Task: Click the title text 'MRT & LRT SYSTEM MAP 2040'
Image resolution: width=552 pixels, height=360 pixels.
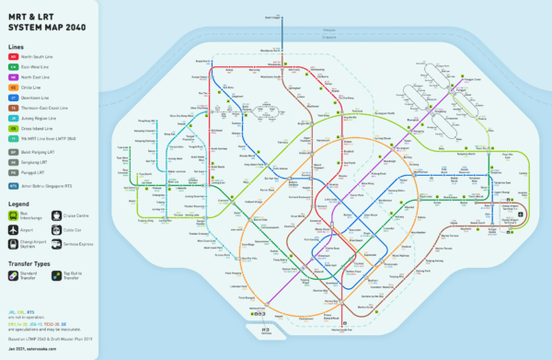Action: pyautogui.click(x=46, y=19)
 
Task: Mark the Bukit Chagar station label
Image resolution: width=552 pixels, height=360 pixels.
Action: pyautogui.click(x=273, y=17)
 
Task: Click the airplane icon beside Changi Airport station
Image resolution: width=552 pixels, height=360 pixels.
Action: pyautogui.click(x=521, y=214)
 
